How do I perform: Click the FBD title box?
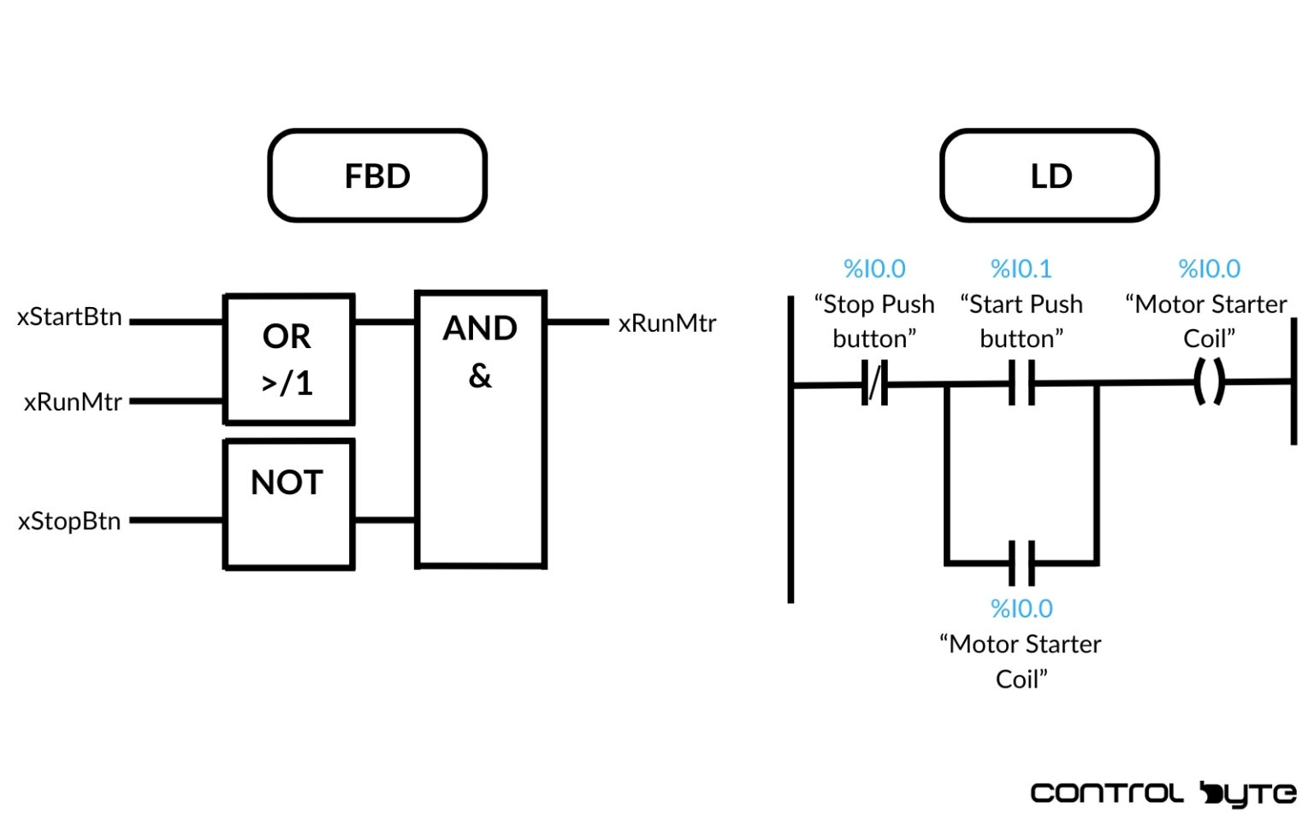[377, 176]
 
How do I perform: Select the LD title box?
[1050, 176]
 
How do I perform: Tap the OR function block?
[288, 359]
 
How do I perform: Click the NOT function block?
[288, 504]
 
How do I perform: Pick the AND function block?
[480, 428]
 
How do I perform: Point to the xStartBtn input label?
[69, 317]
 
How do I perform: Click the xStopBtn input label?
[69, 521]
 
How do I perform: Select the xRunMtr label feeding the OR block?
[73, 402]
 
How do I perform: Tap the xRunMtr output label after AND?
[667, 323]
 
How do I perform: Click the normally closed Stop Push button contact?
[874, 383]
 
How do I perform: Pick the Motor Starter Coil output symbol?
[1209, 381]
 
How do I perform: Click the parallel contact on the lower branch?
[1021, 563]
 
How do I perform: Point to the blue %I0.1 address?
[1021, 269]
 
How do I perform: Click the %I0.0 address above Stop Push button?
[874, 269]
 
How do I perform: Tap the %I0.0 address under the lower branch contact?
[1021, 609]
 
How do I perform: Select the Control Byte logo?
[1163, 794]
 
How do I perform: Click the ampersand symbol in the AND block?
[480, 375]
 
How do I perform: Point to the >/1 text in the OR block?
[287, 383]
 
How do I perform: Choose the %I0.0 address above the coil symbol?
[1209, 269]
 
